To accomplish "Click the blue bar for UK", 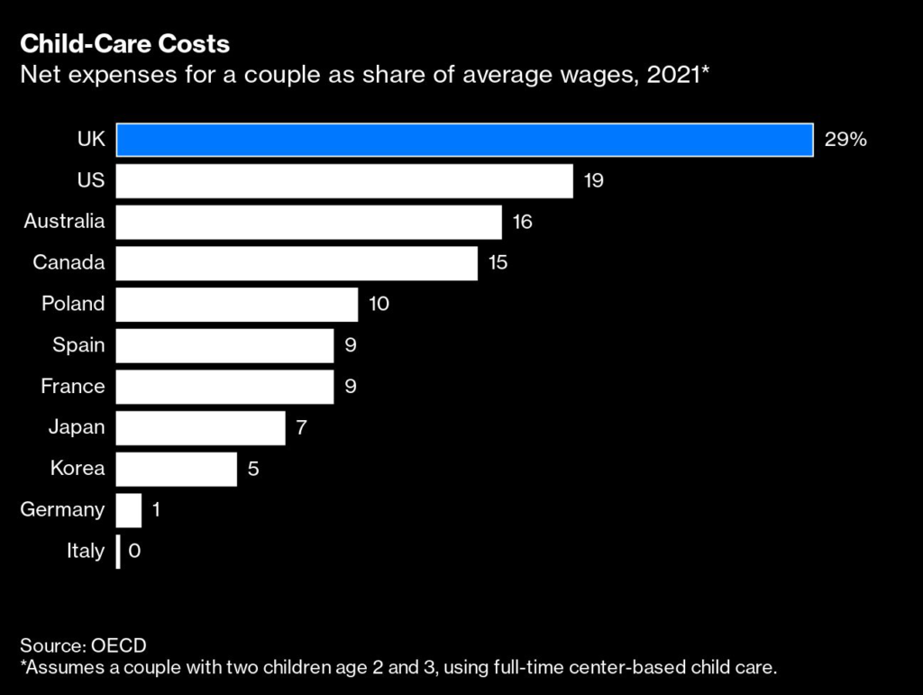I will tap(465, 139).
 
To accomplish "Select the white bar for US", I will tap(344, 180).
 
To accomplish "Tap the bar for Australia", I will tap(308, 222).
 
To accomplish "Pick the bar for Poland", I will tap(237, 304).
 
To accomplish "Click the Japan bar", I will tap(200, 427).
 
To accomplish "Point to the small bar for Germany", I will tap(129, 510).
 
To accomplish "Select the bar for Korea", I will tap(177, 469).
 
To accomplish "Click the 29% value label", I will tap(845, 139).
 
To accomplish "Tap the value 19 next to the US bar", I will tap(593, 180).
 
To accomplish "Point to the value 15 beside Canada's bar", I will tap(498, 262).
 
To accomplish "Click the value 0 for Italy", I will tap(134, 551).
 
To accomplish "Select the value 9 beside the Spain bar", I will tap(351, 345).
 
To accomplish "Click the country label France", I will tap(73, 386).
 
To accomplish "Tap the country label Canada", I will tap(69, 262).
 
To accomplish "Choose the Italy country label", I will tap(86, 551).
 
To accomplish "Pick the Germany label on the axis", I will tap(62, 509).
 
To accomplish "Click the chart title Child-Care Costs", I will tap(125, 43).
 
